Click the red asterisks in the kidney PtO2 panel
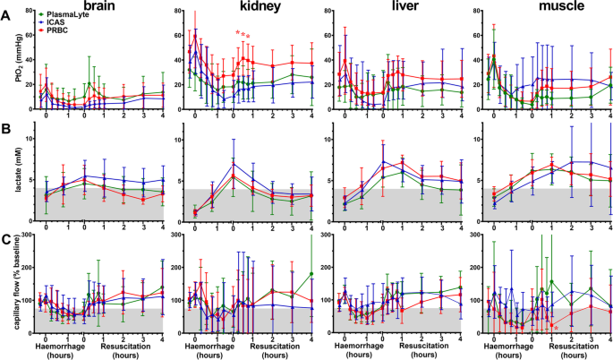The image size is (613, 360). (x=243, y=34)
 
